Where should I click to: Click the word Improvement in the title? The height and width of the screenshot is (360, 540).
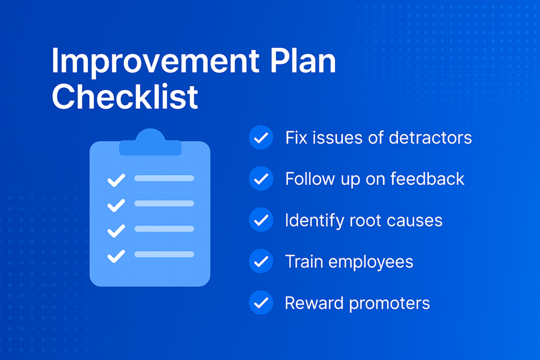click(156, 62)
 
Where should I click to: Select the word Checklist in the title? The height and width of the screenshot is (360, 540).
click(124, 96)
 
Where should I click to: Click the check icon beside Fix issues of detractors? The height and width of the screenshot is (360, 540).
click(261, 138)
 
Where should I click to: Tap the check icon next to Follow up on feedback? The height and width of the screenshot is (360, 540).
click(261, 178)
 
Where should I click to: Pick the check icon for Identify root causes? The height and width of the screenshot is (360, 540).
click(261, 220)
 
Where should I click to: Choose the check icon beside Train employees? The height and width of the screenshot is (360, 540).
click(261, 261)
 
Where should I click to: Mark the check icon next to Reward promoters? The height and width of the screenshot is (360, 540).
click(261, 303)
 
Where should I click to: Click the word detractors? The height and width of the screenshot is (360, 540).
click(430, 138)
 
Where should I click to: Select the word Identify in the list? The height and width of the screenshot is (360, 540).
click(314, 221)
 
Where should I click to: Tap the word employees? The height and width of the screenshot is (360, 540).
click(371, 262)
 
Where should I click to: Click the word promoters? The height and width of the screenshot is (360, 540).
click(390, 304)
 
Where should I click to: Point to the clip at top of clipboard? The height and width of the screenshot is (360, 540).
click(150, 142)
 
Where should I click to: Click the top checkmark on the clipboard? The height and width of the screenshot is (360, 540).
click(116, 180)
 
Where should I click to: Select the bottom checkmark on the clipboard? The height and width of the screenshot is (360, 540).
click(116, 256)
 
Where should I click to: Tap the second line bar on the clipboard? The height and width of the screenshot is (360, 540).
click(165, 203)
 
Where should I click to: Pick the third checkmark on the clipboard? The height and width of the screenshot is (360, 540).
click(116, 231)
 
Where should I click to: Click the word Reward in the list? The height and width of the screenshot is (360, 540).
click(314, 303)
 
